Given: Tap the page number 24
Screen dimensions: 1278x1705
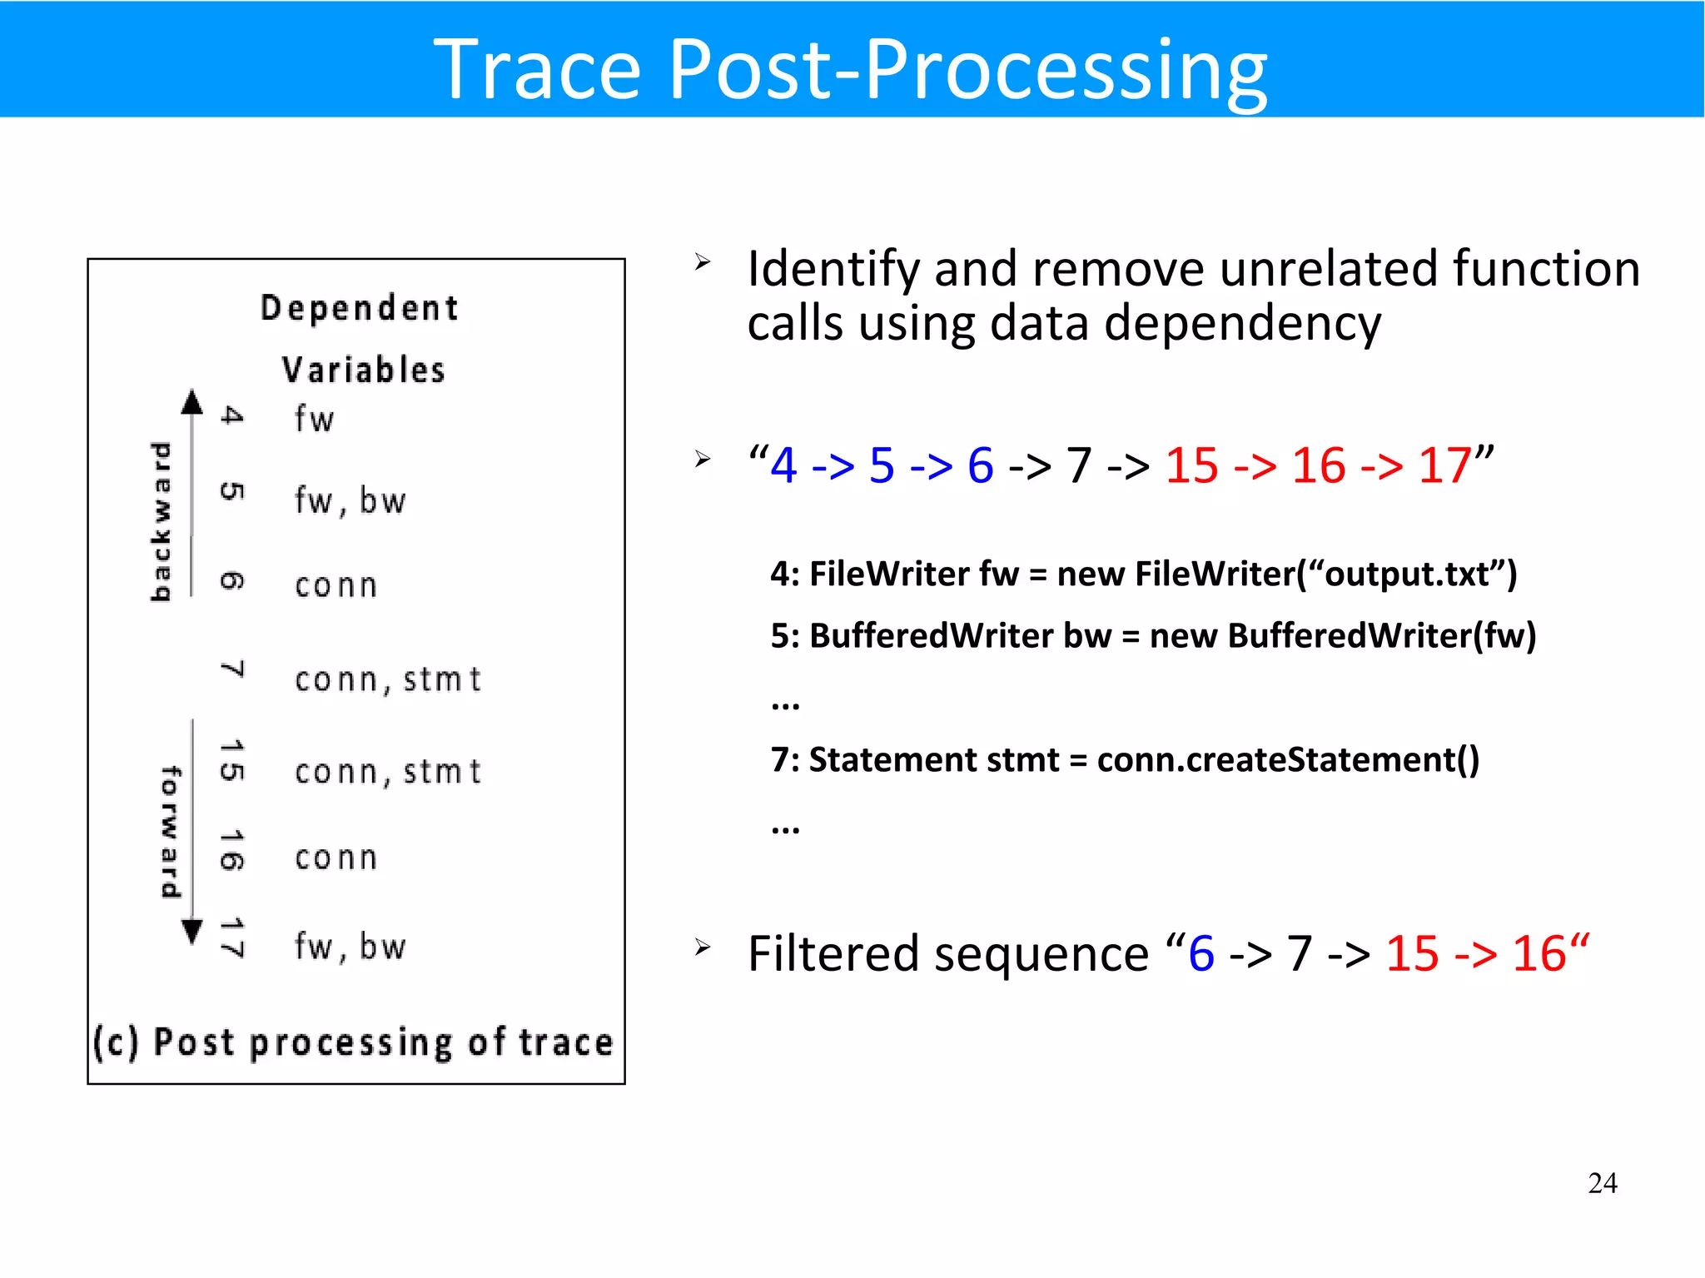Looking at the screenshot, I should click(1602, 1183).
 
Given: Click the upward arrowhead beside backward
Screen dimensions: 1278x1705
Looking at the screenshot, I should click(192, 402).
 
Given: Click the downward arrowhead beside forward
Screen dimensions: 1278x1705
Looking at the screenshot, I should click(192, 932).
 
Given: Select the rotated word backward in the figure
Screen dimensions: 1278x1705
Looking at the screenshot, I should click(160, 521).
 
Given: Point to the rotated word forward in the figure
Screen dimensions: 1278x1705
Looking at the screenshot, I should click(170, 832).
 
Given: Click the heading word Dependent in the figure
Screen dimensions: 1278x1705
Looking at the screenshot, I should click(359, 308).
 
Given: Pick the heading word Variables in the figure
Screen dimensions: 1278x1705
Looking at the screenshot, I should click(363, 370).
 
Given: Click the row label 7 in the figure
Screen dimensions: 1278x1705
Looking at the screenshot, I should click(232, 670).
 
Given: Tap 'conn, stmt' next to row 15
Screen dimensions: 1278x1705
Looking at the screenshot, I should click(388, 772).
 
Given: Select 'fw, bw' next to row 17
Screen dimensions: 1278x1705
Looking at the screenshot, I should click(350, 947).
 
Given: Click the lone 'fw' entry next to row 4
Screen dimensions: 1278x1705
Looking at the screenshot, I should click(314, 419).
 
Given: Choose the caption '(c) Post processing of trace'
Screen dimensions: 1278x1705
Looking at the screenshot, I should click(354, 1042).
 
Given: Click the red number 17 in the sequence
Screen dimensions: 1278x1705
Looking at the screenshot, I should click(1444, 465).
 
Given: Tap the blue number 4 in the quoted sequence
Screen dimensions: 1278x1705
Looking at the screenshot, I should click(783, 465).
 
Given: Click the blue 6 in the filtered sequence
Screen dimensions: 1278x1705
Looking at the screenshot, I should click(1200, 953).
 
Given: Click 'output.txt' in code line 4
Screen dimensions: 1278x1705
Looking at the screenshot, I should click(1406, 574).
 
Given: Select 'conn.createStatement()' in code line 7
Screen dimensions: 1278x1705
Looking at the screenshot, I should click(1288, 760).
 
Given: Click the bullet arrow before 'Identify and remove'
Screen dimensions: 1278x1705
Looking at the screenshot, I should click(703, 263).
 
